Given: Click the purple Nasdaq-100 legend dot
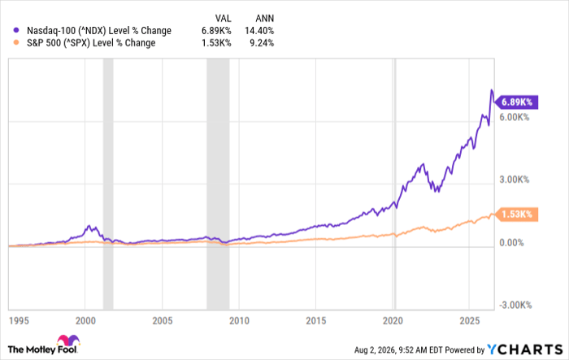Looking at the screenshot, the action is tap(16, 30).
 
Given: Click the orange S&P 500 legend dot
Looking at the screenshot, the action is tap(16, 42).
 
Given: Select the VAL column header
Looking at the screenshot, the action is tap(223, 18).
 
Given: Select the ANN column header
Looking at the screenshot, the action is tap(264, 18).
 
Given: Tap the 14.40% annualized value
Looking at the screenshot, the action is tap(259, 31).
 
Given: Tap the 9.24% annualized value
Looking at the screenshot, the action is tap(262, 43).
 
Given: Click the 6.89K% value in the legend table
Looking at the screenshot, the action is tap(216, 31).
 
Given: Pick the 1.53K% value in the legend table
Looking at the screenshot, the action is tap(216, 43).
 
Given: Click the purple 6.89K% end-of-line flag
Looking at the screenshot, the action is tap(516, 102).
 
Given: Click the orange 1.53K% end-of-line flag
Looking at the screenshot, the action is tap(516, 214).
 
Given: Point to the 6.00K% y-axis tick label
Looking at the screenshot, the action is tap(515, 117).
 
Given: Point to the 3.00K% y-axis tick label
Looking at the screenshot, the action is tap(515, 180).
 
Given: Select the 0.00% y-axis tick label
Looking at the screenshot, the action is tap(511, 242).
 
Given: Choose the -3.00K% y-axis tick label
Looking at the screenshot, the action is tap(515, 306).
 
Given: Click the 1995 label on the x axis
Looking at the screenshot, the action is tap(19, 321).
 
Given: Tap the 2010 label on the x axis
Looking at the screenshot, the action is tap(239, 321).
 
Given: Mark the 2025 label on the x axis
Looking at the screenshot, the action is tap(470, 321).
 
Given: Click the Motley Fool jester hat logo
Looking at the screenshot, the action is tap(68, 340).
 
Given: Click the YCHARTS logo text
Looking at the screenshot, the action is tap(525, 349).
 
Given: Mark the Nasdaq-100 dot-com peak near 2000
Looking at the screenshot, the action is tap(89, 226).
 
